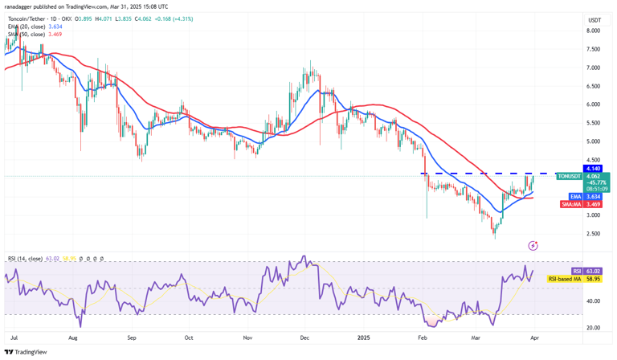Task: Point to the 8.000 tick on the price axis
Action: pyautogui.click(x=594, y=31)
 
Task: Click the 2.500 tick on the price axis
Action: pyautogui.click(x=594, y=234)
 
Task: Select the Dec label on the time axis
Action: pyautogui.click(x=305, y=339)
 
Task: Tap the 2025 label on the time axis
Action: pyautogui.click(x=363, y=339)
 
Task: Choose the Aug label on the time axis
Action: pyautogui.click(x=74, y=339)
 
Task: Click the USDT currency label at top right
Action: pyautogui.click(x=595, y=20)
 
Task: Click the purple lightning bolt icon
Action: pyautogui.click(x=533, y=244)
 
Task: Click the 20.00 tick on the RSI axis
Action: pyautogui.click(x=594, y=327)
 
